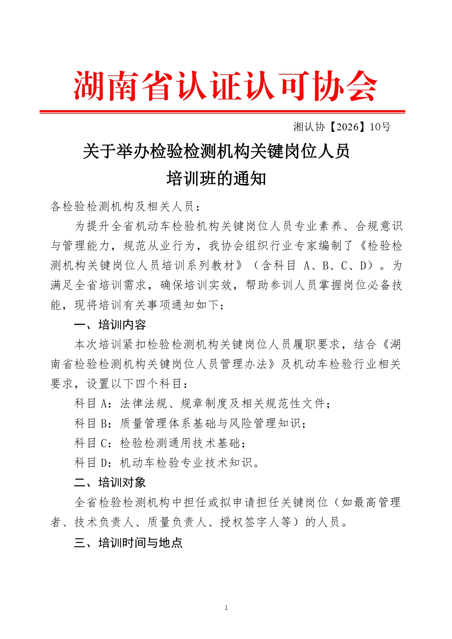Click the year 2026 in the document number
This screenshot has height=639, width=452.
pos(347,127)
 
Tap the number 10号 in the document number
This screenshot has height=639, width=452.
pos(380,127)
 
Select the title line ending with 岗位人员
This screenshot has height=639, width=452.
pos(216,151)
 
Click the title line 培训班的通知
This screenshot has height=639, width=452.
pos(216,179)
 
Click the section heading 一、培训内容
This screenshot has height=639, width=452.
pos(110,325)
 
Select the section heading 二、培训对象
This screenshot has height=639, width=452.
pos(110,482)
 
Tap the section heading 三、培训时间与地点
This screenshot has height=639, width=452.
pos(128,543)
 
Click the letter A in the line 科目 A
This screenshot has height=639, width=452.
pos(103,403)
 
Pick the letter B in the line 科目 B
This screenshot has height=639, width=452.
pos(103,423)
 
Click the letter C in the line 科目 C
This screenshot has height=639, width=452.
pos(103,443)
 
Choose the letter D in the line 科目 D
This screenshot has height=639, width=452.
pos(103,463)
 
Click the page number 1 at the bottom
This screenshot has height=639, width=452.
pos(226,608)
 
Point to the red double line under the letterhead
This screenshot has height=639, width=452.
pos(222,111)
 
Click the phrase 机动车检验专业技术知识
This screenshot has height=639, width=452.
pos(186,463)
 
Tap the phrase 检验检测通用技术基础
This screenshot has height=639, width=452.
pos(180,443)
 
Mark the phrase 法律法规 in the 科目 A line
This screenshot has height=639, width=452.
pos(144,403)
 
